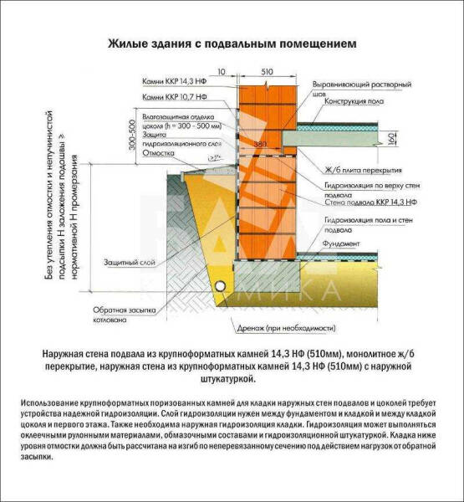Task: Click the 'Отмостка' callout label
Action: pyautogui.click(x=157, y=153)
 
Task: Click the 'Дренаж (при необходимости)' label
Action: pyautogui.click(x=296, y=328)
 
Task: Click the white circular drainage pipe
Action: pyautogui.click(x=220, y=283)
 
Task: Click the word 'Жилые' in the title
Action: pyautogui.click(x=125, y=41)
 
